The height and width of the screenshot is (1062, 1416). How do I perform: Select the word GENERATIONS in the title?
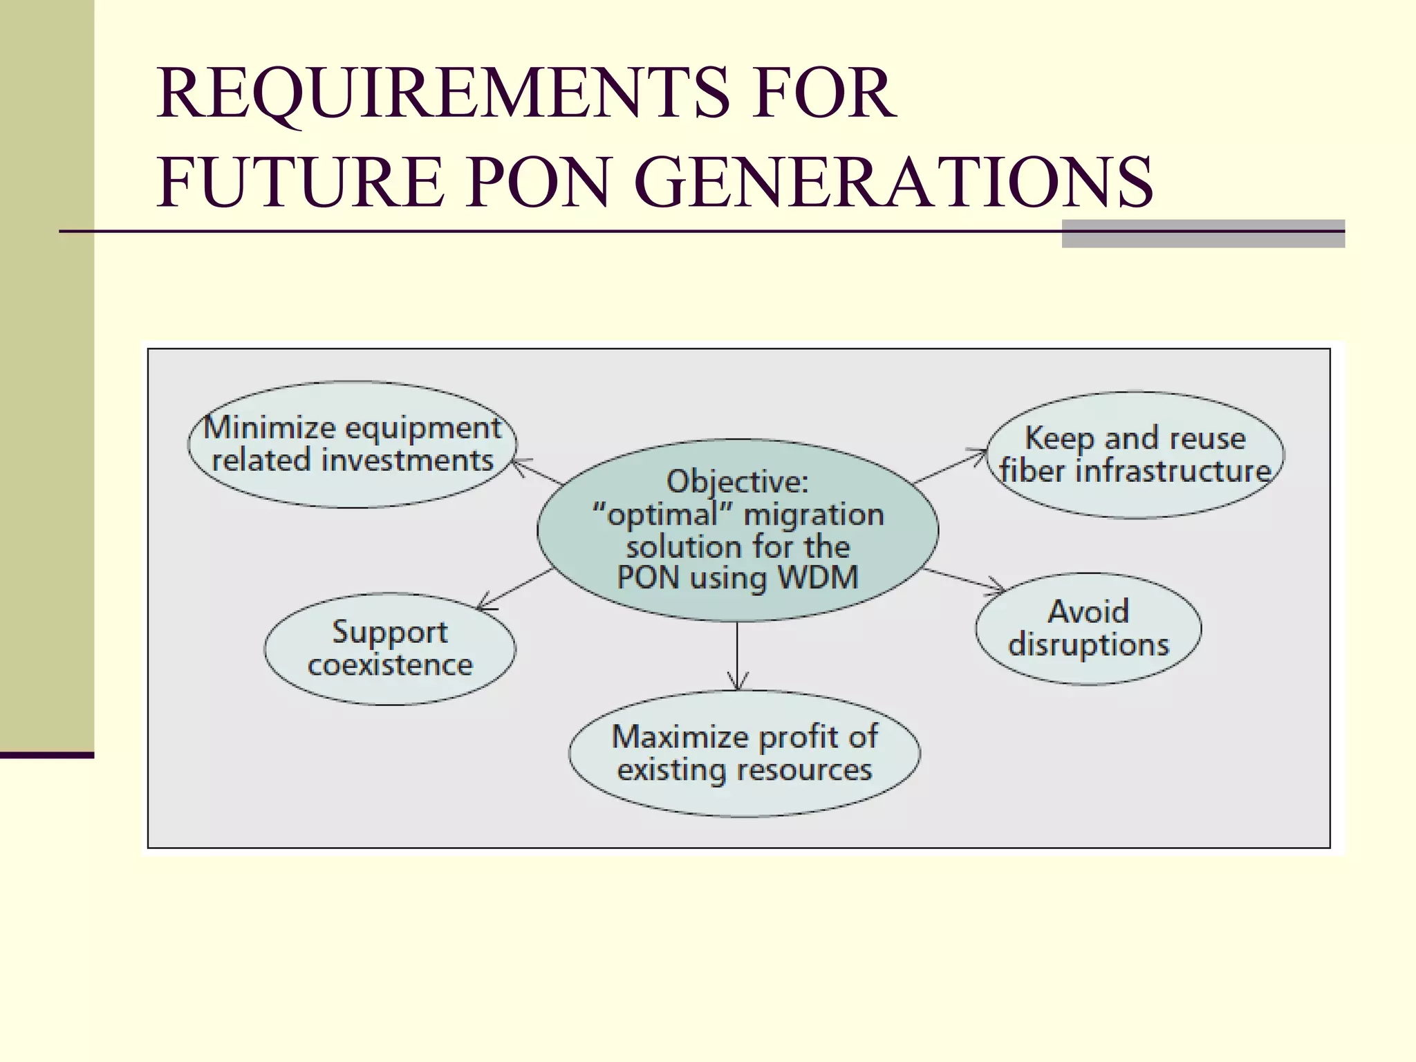[x=893, y=182]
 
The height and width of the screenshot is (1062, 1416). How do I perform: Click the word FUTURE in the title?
[x=301, y=182]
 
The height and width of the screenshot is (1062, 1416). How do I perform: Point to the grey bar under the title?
[x=1202, y=234]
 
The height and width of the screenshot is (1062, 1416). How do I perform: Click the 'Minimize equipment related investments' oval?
[x=352, y=445]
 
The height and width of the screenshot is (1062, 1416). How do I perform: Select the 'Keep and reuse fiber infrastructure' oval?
[x=1135, y=455]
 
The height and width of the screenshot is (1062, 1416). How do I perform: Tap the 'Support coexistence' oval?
[x=390, y=649]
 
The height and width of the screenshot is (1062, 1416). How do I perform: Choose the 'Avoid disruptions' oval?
[x=1088, y=628]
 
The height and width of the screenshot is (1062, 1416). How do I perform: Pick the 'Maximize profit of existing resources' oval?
[x=744, y=753]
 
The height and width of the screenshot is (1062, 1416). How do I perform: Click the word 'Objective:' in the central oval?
[x=737, y=481]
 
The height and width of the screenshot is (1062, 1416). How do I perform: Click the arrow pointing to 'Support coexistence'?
[x=515, y=589]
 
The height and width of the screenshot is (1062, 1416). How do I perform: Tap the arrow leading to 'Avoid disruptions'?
[x=964, y=580]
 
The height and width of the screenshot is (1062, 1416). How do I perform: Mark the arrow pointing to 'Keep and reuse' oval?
[x=951, y=467]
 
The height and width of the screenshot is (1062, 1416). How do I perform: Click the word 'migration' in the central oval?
[x=814, y=514]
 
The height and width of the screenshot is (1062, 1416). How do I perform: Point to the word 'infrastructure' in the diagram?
[x=1173, y=472]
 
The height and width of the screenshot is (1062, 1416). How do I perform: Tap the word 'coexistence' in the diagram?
[x=390, y=665]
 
